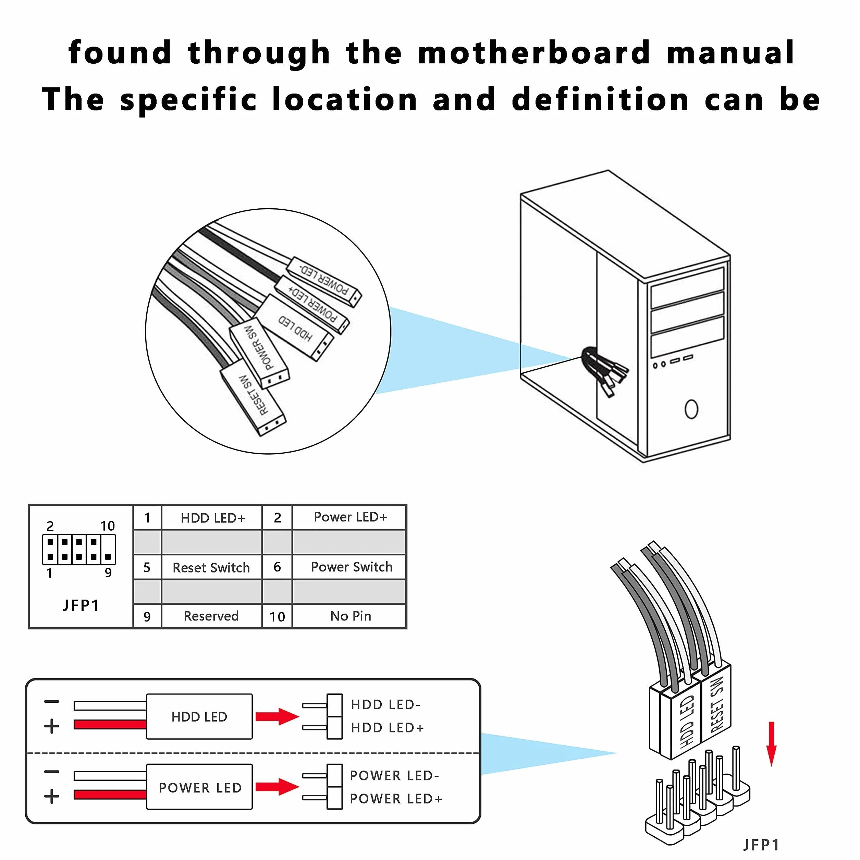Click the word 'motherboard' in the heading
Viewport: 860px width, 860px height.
534,52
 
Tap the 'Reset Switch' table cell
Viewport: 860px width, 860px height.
211,567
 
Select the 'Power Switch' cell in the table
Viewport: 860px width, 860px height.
351,567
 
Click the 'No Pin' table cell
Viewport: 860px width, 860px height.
351,616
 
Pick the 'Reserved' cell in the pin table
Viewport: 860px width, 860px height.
211,616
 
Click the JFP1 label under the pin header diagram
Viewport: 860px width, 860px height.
81,605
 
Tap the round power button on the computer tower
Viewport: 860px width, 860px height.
691,409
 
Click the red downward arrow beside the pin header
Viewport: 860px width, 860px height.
771,744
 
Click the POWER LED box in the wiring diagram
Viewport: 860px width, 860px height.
200,787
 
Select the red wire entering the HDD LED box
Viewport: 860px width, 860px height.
110,725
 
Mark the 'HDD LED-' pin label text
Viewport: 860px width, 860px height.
385,705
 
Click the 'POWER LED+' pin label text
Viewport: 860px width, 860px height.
396,799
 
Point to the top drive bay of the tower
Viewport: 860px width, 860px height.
687,288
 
